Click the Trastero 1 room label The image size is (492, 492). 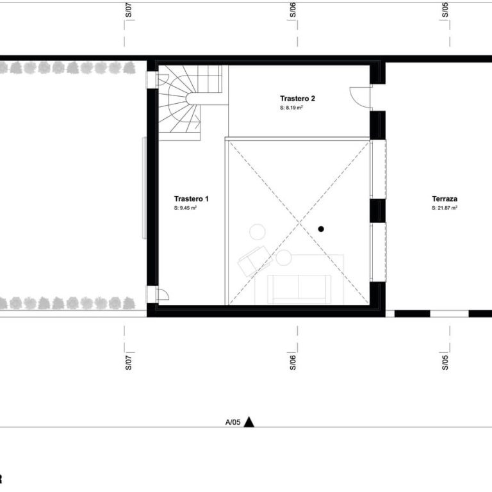click(191, 199)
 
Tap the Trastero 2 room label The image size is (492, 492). click(297, 99)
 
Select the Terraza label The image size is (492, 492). click(445, 199)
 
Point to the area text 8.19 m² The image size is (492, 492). click(293, 108)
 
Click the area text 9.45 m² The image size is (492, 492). click(188, 208)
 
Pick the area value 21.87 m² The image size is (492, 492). click(447, 208)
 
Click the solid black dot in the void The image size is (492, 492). click(321, 229)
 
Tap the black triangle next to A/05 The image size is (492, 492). click(249, 422)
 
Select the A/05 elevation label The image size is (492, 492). click(233, 422)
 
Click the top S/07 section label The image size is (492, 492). click(129, 10)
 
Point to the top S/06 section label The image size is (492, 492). click(293, 10)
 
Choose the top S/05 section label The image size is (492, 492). click(445, 10)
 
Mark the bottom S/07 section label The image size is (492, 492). click(129, 363)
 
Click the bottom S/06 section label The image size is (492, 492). click(293, 363)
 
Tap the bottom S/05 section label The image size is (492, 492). click(445, 363)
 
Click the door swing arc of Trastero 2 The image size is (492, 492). click(354, 100)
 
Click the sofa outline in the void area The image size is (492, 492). click(299, 289)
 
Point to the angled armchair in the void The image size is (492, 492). click(255, 261)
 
